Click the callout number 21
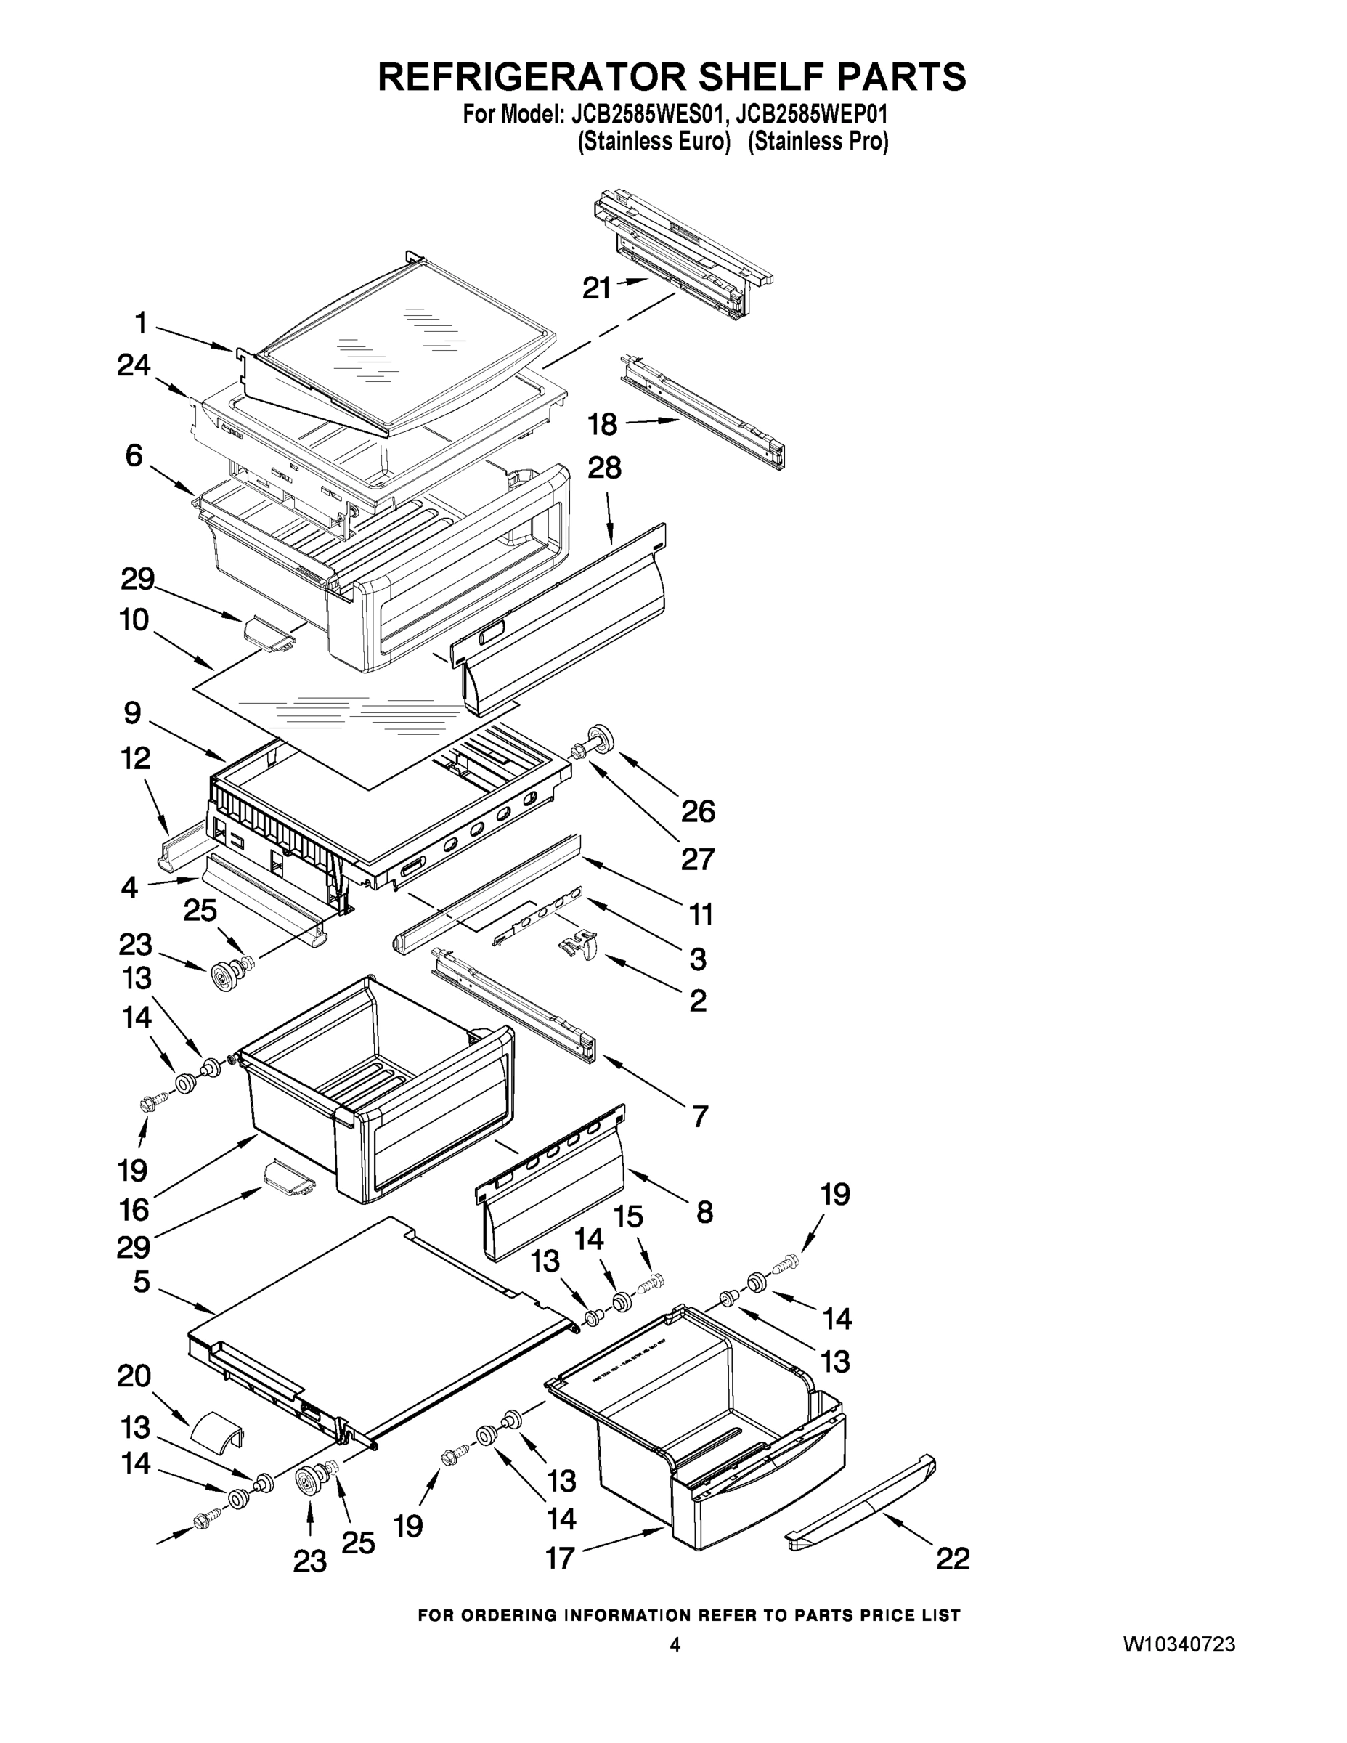595,288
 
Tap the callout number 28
604,468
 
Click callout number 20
134,1376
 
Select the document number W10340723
1179,1644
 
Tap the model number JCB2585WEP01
812,115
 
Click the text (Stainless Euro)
654,142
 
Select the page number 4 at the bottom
675,1645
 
